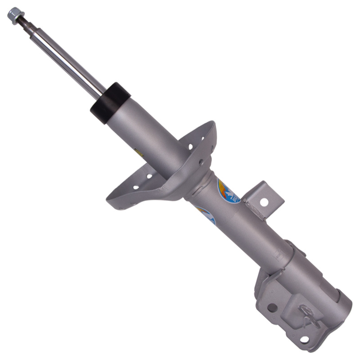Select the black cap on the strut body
click(x=110, y=103)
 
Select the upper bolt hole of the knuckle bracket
click(x=272, y=308)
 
